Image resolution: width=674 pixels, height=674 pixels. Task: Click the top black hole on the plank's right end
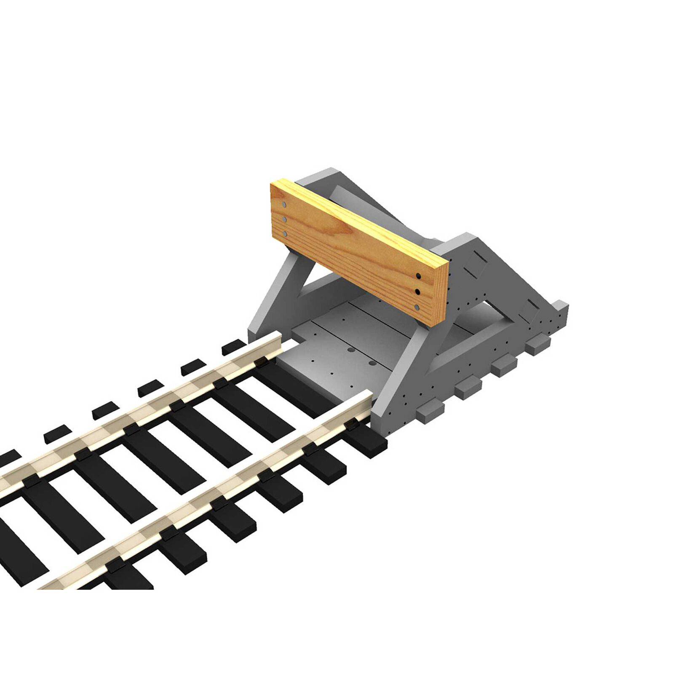[418, 276]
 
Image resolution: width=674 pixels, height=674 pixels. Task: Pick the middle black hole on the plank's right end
[418, 291]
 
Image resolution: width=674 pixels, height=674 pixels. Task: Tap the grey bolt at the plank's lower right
[418, 308]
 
